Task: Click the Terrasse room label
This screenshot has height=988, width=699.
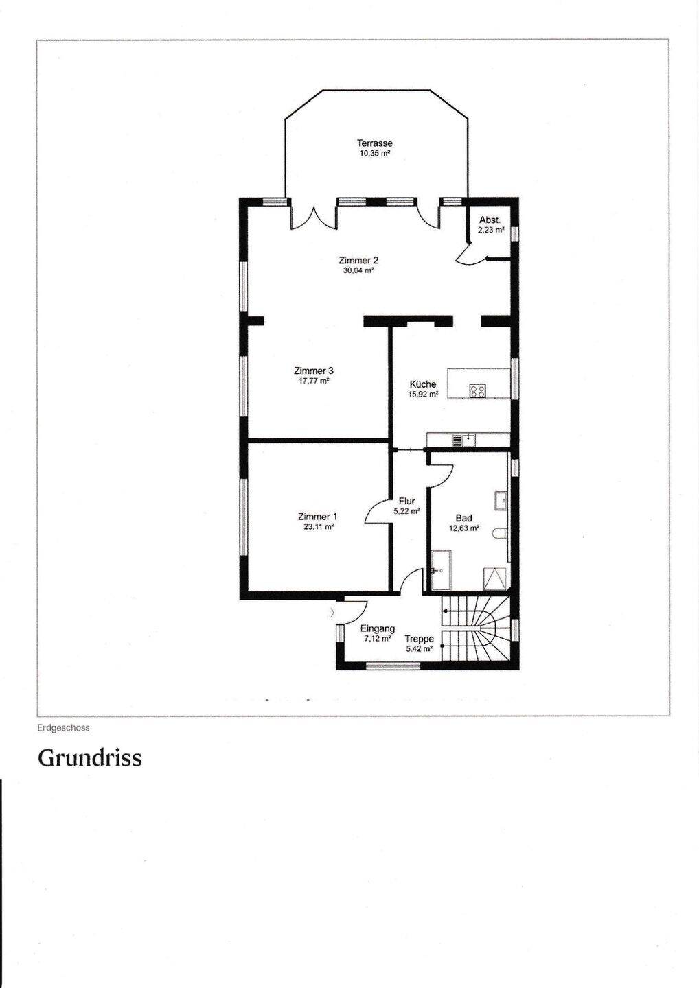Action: pyautogui.click(x=375, y=143)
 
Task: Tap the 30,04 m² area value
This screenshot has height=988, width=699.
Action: pyautogui.click(x=358, y=271)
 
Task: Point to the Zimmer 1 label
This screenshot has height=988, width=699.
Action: pyautogui.click(x=317, y=516)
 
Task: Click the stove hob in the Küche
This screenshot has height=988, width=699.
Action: pyautogui.click(x=477, y=391)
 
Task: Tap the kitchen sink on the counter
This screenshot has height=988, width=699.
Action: pyautogui.click(x=463, y=440)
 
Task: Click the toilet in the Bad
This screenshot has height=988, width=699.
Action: pyautogui.click(x=501, y=534)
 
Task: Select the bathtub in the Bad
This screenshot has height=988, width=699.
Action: pyautogui.click(x=441, y=569)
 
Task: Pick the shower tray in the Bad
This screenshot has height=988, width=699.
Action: pyautogui.click(x=496, y=578)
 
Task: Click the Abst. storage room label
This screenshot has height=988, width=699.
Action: pyautogui.click(x=490, y=220)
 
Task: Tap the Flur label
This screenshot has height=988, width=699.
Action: pyautogui.click(x=406, y=502)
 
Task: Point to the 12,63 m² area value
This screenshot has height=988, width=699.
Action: pyautogui.click(x=465, y=528)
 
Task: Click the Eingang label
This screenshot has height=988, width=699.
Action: pyautogui.click(x=377, y=629)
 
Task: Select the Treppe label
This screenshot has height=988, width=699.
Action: pyautogui.click(x=420, y=639)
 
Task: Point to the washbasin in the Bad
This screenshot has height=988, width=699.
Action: pyautogui.click(x=501, y=502)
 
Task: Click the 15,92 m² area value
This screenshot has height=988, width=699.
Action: pyautogui.click(x=423, y=395)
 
